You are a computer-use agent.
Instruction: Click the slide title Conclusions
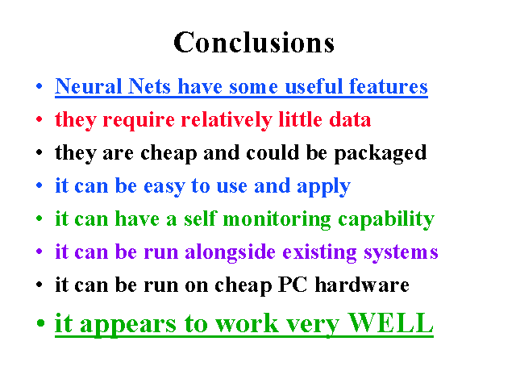(254, 42)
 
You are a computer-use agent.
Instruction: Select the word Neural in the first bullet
(88, 86)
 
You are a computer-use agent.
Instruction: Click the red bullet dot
(40, 119)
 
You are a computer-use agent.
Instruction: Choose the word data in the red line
(350, 119)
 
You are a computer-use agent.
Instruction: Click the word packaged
(381, 153)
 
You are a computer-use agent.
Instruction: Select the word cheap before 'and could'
(169, 153)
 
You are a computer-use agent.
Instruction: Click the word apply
(323, 186)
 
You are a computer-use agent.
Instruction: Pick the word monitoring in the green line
(277, 219)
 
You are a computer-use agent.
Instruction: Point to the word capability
(386, 219)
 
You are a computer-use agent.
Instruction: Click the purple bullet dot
(40, 252)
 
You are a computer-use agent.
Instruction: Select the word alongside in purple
(230, 252)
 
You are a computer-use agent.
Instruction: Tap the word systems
(401, 252)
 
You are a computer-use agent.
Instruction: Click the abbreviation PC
(293, 285)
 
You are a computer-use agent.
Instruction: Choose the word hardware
(362, 285)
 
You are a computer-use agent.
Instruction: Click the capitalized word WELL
(390, 322)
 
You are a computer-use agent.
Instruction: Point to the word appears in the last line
(128, 324)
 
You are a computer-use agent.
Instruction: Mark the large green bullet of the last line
(40, 322)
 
